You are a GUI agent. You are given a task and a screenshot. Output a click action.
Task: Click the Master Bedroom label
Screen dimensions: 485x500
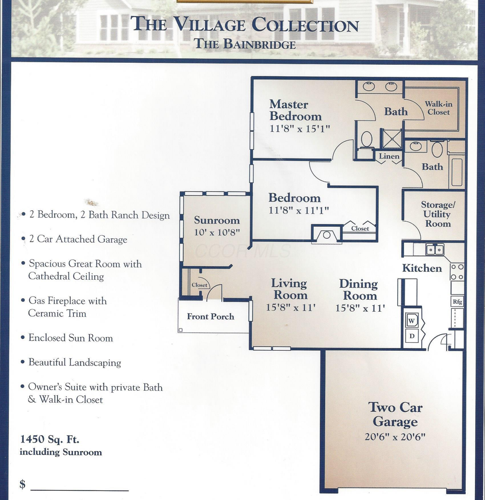point(296,110)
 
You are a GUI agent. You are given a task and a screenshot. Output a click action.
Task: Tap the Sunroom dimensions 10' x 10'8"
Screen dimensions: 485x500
point(217,232)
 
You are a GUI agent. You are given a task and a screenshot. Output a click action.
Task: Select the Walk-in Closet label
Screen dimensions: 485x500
point(439,108)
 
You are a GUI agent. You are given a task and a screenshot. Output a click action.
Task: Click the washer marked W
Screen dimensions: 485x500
point(412,321)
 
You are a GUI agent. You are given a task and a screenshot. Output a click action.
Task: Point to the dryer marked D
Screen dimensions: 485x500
point(412,336)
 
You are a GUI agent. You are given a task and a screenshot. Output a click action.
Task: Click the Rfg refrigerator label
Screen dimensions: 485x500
point(457,302)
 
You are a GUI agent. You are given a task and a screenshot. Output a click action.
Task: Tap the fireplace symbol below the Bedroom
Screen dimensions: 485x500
point(327,235)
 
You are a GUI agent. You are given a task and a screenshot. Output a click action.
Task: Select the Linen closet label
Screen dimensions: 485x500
point(389,156)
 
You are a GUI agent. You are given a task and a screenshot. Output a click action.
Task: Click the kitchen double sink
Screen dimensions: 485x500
point(435,249)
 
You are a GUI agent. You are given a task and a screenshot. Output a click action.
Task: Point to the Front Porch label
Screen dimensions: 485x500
point(210,316)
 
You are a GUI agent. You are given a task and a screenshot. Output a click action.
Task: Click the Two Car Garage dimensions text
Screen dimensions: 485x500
point(395,436)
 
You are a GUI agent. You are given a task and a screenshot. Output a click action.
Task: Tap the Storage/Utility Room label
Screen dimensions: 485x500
point(438,214)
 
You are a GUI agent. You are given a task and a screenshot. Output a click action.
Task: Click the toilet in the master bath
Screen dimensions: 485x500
point(367,139)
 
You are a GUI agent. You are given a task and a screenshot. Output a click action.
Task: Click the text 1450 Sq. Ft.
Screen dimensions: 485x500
point(50,439)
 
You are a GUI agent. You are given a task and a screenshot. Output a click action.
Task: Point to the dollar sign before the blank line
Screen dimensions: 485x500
point(23,484)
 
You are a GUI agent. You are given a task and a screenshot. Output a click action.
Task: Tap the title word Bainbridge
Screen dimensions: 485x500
point(260,44)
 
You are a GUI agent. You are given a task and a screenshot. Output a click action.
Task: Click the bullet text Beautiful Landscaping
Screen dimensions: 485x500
point(75,362)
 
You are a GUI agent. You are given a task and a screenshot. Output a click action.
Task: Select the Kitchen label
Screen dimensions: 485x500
point(422,268)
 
